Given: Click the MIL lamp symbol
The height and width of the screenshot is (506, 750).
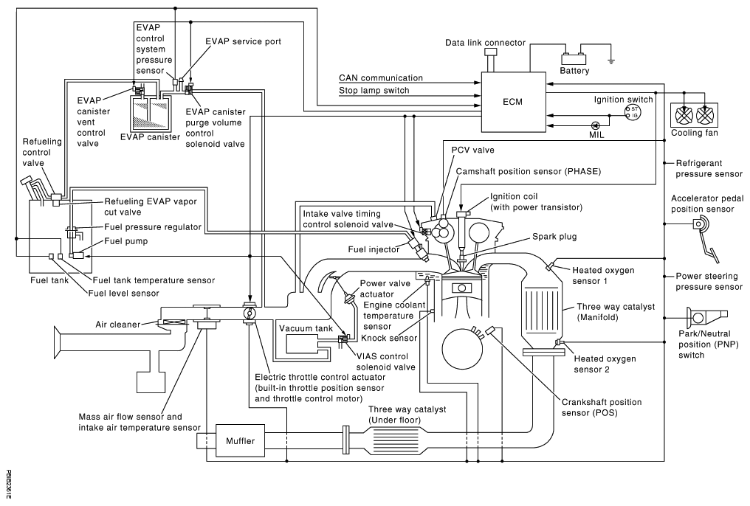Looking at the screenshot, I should click(595, 126).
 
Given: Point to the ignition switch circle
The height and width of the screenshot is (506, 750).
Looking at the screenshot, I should click(633, 112).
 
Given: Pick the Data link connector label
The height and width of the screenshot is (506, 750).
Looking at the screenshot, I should click(485, 44).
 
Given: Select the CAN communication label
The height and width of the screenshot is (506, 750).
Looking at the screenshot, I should click(381, 77).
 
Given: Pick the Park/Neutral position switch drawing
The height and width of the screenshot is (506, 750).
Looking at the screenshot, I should click(703, 319).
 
